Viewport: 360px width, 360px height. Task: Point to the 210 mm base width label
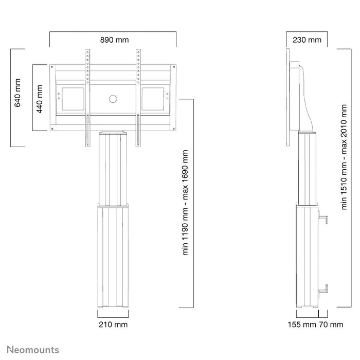point(113,325)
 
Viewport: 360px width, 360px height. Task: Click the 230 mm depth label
point(307,40)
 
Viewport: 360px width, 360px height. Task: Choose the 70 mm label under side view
point(331,325)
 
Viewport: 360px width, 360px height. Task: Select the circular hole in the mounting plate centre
point(113,99)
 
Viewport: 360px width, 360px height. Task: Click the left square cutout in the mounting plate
point(72,99)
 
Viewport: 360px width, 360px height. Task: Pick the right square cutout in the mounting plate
point(153,99)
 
